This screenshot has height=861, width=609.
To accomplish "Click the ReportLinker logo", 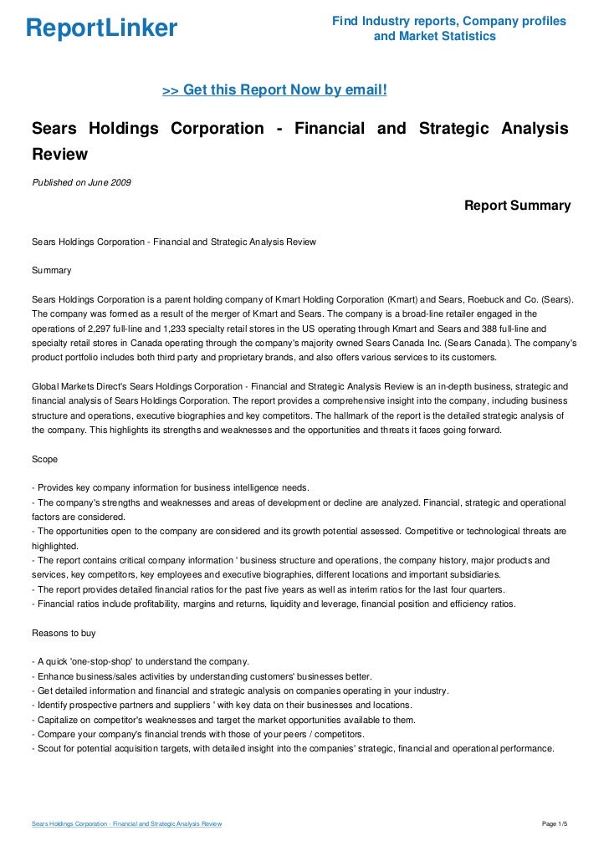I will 101,29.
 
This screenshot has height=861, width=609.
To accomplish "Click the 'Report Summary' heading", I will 517,206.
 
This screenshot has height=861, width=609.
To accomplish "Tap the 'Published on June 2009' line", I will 81,182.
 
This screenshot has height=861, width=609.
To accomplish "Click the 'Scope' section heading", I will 46,459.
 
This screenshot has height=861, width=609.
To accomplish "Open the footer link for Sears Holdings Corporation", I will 126,824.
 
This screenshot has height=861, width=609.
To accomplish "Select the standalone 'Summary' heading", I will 51,271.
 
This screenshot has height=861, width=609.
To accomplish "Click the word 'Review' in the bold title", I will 59,155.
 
